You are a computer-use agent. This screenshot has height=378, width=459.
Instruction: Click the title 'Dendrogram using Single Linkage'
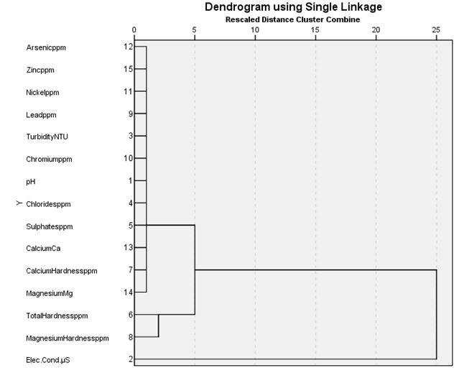(293, 7)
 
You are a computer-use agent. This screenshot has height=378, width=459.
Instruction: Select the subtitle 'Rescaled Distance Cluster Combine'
(293, 19)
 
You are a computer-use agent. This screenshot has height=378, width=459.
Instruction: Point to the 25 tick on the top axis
(436, 30)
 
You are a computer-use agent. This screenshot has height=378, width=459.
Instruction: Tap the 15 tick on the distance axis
(315, 30)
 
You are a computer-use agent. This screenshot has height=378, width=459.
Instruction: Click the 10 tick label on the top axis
(255, 30)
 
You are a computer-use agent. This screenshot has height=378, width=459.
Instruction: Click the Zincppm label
(40, 70)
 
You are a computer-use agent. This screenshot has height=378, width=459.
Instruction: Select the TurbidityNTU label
(49, 137)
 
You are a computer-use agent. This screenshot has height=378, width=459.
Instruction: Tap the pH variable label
(30, 181)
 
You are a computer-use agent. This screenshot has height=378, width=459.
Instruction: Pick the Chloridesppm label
(49, 204)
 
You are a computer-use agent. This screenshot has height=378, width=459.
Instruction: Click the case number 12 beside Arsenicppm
(128, 47)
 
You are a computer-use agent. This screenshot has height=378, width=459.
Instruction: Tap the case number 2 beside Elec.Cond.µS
(130, 360)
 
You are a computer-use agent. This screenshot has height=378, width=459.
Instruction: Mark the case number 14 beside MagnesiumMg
(128, 293)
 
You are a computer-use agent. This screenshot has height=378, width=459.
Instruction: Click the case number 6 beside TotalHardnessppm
(130, 315)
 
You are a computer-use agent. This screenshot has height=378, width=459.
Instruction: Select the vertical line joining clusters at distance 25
(436, 314)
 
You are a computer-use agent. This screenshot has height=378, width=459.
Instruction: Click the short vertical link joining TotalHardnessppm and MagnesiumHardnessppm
(159, 326)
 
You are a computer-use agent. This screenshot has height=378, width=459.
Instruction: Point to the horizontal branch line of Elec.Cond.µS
(287, 359)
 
